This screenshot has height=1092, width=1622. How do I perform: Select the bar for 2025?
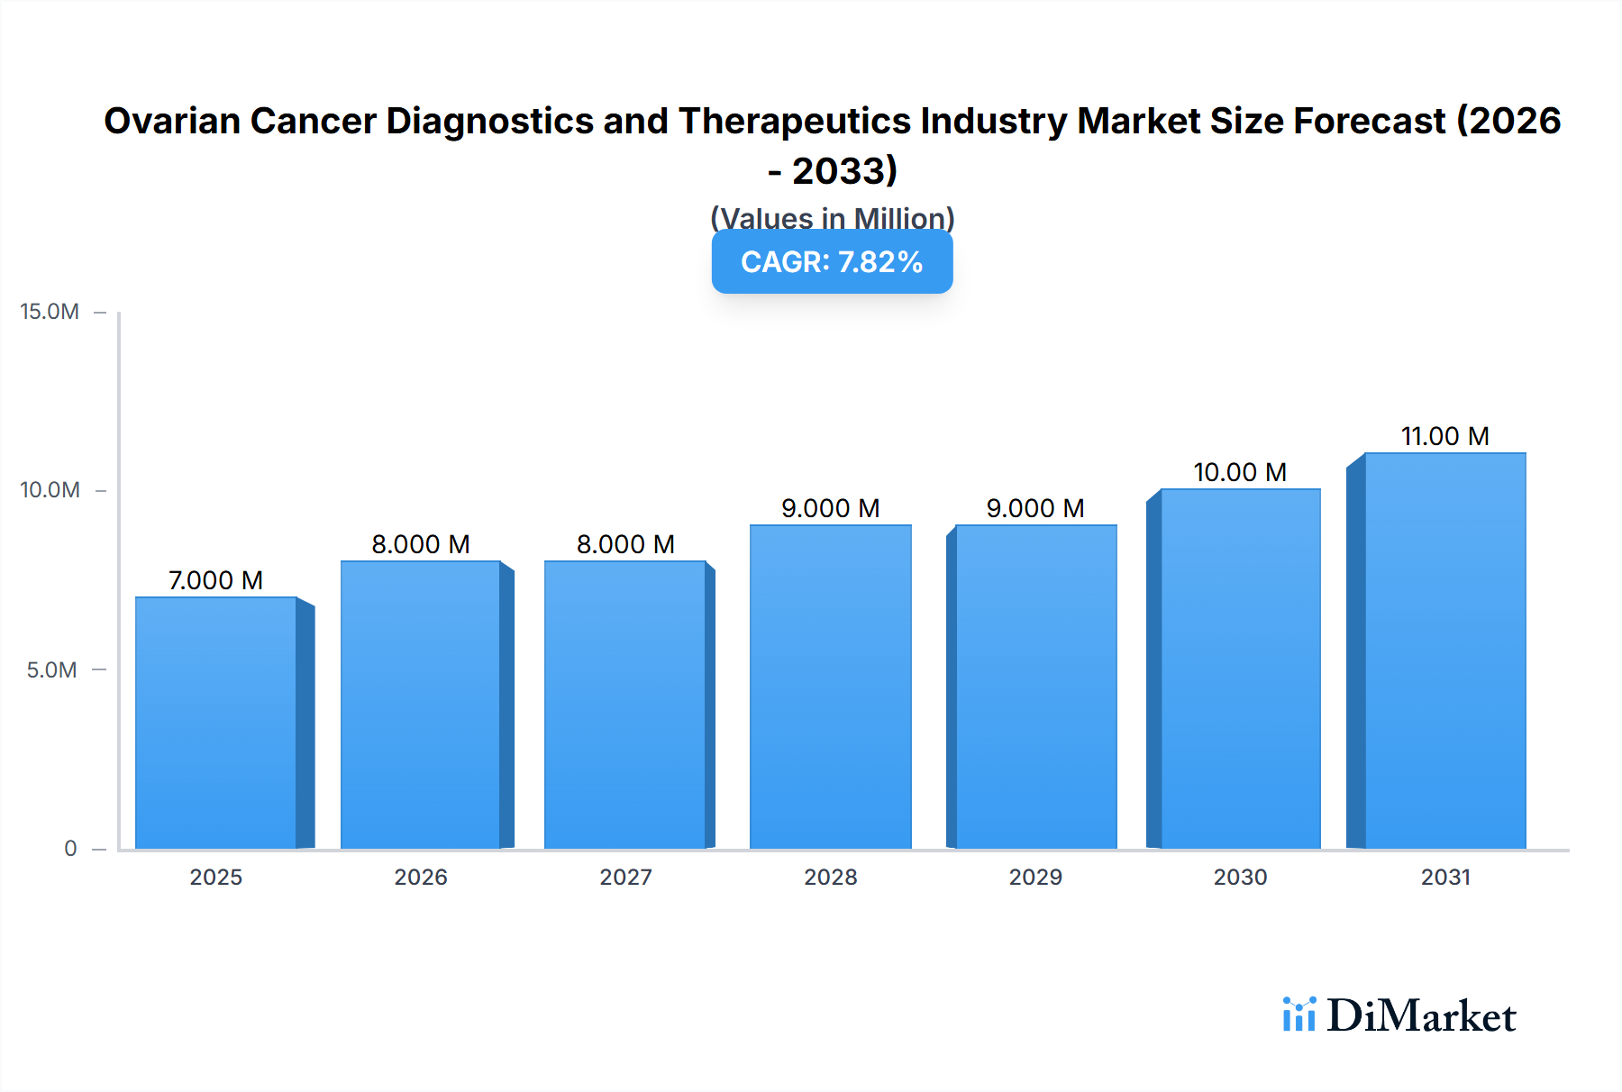point(216,723)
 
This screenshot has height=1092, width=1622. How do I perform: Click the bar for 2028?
point(830,687)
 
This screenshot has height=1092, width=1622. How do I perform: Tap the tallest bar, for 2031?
point(1444,651)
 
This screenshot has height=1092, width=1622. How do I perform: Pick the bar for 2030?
point(1240,669)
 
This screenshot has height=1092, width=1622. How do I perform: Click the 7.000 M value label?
point(216,580)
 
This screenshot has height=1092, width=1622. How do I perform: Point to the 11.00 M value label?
point(1444,436)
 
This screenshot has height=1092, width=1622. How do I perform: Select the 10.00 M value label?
point(1240,472)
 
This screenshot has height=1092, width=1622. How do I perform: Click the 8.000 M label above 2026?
point(421,544)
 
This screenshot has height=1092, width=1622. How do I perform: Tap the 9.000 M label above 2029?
point(1035,508)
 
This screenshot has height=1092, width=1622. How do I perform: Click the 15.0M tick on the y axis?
point(50,312)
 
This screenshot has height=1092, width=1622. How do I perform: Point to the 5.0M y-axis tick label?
point(51,669)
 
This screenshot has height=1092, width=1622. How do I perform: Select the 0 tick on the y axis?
point(70,848)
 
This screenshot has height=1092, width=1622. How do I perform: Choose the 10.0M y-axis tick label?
point(50,490)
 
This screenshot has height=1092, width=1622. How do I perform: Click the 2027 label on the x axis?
point(625,877)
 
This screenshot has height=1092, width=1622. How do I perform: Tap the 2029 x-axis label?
point(1035,877)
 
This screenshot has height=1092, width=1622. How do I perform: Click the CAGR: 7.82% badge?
point(832,262)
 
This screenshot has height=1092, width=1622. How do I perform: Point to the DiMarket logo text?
point(1421,1016)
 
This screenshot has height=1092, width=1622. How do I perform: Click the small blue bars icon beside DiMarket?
point(1299,1015)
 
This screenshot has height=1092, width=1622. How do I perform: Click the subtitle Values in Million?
point(832,218)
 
